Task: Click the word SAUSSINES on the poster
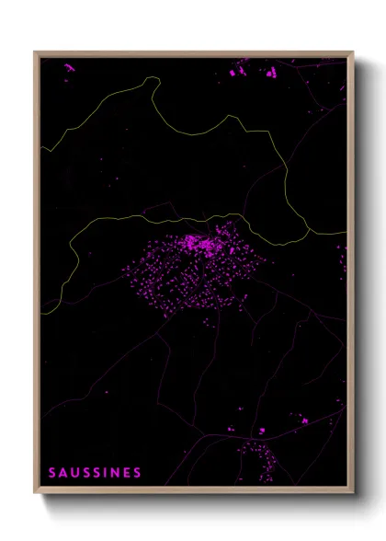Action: tap(95, 473)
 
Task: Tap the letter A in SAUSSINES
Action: tap(63, 473)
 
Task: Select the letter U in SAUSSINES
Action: tap(75, 473)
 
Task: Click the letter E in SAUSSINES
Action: tap(128, 473)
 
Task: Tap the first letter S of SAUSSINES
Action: tap(52, 473)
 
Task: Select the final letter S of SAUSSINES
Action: tap(138, 473)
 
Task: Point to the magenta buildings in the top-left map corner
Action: tap(69, 66)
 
